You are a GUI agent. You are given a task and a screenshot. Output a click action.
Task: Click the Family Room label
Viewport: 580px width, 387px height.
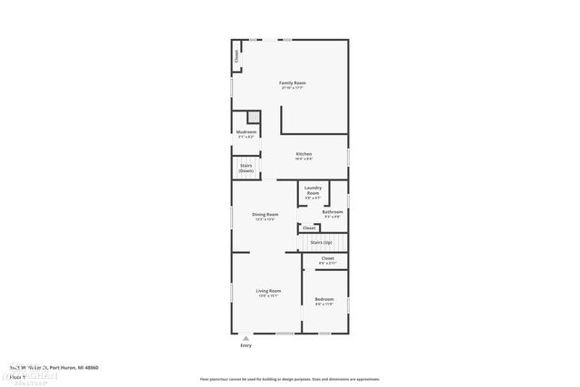pyautogui.click(x=292, y=82)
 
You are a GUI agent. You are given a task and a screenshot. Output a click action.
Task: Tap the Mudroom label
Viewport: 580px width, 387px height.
pyautogui.click(x=246, y=131)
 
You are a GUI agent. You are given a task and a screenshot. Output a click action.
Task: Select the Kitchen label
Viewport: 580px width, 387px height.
pyautogui.click(x=304, y=154)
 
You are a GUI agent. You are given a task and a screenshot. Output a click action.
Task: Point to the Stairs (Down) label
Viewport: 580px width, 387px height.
pyautogui.click(x=246, y=168)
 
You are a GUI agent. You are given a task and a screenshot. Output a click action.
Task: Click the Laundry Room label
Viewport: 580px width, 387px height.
pyautogui.click(x=313, y=190)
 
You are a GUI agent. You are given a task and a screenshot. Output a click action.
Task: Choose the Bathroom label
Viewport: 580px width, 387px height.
pyautogui.click(x=333, y=212)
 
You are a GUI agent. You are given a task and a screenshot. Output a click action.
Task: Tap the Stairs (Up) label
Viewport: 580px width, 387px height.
pyautogui.click(x=321, y=243)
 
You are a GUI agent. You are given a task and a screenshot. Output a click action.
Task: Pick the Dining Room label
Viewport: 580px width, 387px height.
pyautogui.click(x=266, y=214)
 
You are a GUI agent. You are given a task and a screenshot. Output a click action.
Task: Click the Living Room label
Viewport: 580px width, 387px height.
pyautogui.click(x=269, y=291)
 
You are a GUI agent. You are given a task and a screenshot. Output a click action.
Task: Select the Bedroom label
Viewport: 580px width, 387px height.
pyautogui.click(x=324, y=299)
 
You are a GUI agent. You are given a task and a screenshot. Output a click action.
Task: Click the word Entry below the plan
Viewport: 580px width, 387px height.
pyautogui.click(x=246, y=345)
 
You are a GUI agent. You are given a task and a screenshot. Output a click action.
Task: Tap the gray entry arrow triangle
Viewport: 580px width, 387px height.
pyautogui.click(x=245, y=338)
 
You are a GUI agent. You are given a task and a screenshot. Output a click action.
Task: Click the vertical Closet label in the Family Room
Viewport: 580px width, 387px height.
pyautogui.click(x=237, y=56)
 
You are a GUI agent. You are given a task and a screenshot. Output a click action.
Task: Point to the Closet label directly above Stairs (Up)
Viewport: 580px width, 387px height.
pyautogui.click(x=309, y=228)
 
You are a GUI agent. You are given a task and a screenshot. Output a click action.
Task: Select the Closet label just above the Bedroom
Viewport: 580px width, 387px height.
pyautogui.click(x=327, y=258)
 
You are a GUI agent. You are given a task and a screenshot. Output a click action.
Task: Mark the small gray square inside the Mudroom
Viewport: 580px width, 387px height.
pyautogui.click(x=254, y=118)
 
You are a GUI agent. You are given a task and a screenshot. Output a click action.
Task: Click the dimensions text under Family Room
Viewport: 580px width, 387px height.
pyautogui.click(x=292, y=88)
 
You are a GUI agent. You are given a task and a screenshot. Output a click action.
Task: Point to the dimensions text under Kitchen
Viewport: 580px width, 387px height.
pyautogui.click(x=304, y=160)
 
